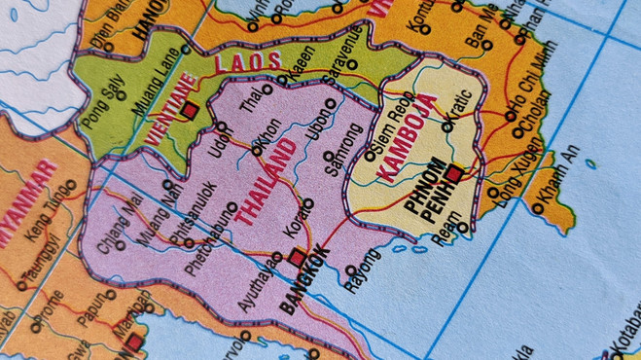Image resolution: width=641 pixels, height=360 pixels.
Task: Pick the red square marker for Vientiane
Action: (x=190, y=111)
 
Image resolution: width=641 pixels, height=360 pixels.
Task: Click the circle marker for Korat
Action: (x=307, y=204)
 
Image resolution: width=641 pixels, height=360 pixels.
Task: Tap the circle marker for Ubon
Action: (x=330, y=103)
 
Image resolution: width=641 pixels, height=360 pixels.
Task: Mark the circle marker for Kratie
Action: (x=447, y=126)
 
